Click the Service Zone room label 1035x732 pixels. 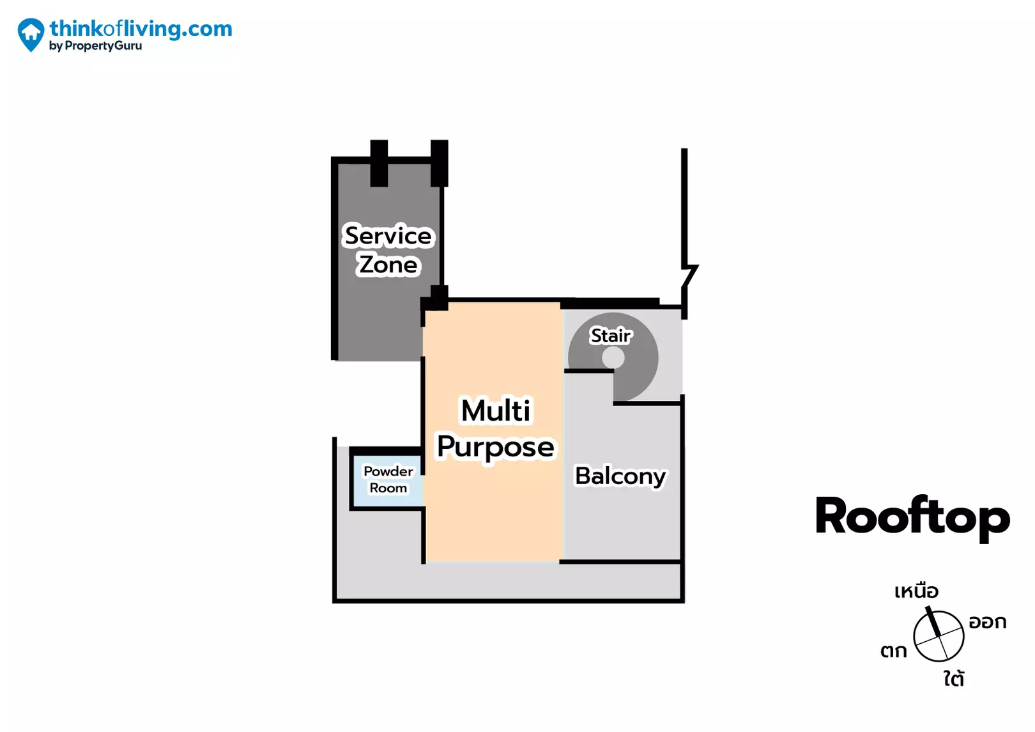(388, 250)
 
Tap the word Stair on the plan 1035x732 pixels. (611, 336)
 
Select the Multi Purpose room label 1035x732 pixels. (496, 428)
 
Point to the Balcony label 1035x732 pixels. (620, 476)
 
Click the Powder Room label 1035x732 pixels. (388, 479)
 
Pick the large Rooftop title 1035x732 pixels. (912, 517)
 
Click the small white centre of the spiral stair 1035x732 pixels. (613, 358)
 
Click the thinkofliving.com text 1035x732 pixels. (141, 28)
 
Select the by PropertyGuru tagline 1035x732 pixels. (96, 46)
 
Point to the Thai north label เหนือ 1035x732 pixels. (916, 591)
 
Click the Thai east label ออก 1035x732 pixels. (987, 622)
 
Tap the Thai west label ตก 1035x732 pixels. (893, 651)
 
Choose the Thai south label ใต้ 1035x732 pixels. (954, 678)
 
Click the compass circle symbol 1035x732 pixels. (939, 636)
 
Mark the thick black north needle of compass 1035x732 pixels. (933, 621)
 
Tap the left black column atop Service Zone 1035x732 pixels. (379, 163)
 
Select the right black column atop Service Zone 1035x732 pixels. (439, 163)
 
